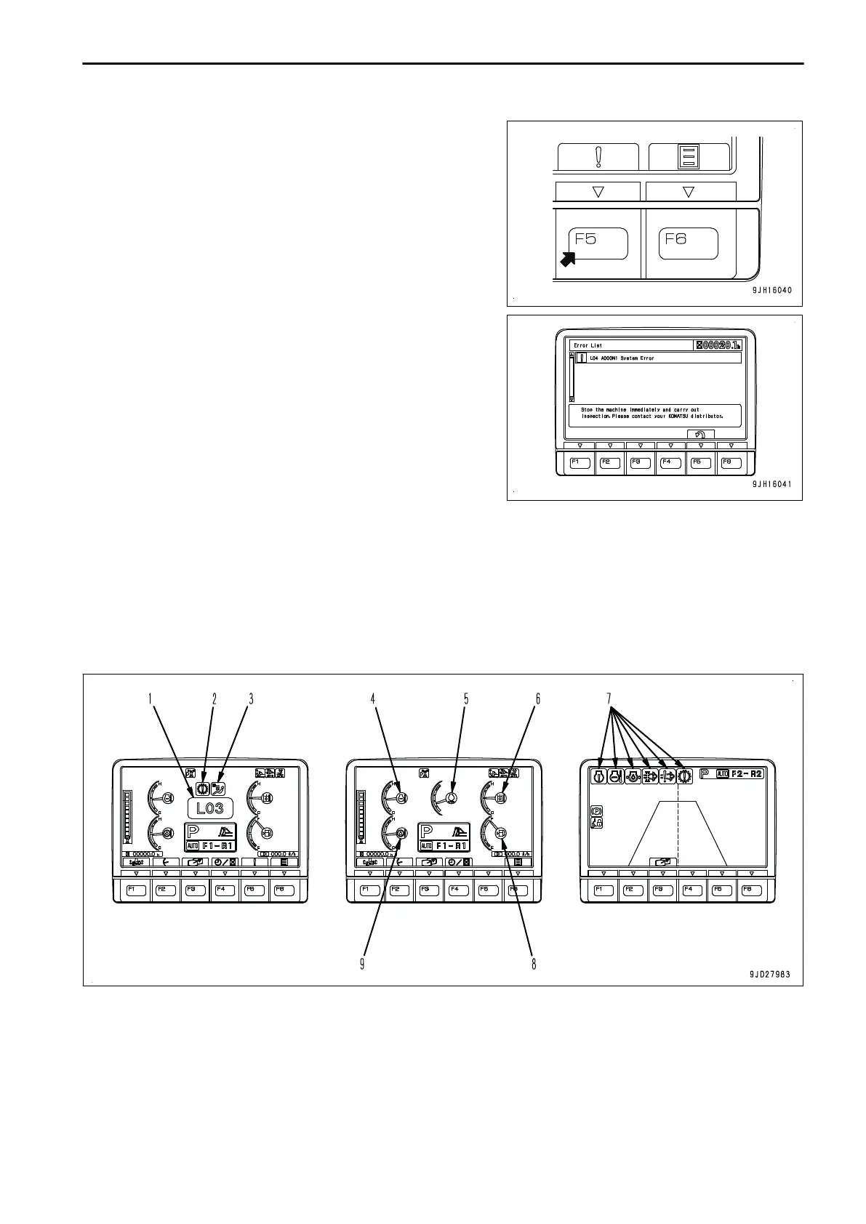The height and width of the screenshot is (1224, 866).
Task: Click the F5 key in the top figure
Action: click(x=597, y=243)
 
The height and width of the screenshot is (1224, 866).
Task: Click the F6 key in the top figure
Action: click(x=688, y=243)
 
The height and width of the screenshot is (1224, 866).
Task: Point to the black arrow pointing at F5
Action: click(x=568, y=258)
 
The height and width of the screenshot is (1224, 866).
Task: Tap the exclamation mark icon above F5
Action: click(x=598, y=156)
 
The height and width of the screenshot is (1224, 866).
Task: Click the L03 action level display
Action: click(x=210, y=808)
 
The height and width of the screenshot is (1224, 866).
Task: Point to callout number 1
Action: click(x=151, y=698)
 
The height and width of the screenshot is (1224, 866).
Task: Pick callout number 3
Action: click(x=251, y=698)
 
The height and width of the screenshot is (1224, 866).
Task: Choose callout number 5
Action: click(x=466, y=698)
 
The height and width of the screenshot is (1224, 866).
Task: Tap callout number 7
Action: click(x=609, y=698)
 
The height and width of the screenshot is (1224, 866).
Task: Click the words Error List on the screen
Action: click(x=588, y=346)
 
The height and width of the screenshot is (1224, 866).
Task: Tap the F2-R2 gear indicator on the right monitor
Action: click(x=747, y=774)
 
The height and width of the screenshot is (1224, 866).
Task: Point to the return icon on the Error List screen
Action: click(x=700, y=435)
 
